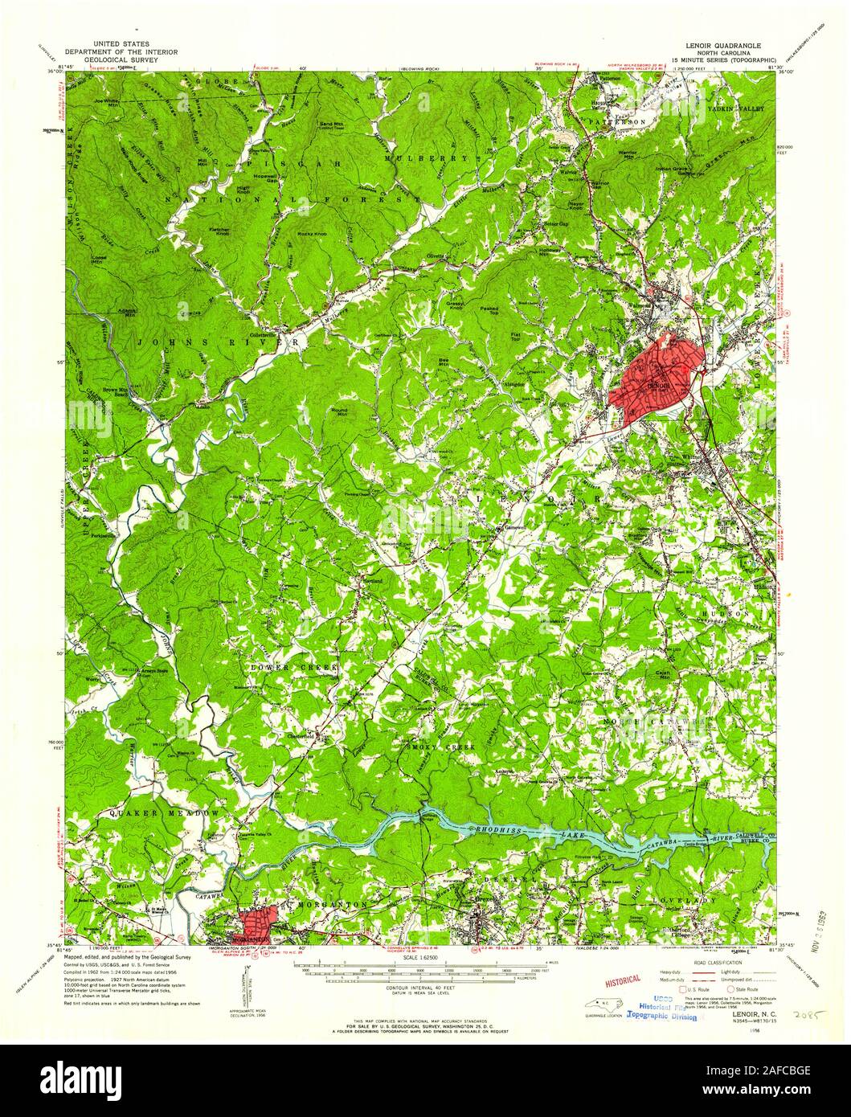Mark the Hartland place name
(370, 579)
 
